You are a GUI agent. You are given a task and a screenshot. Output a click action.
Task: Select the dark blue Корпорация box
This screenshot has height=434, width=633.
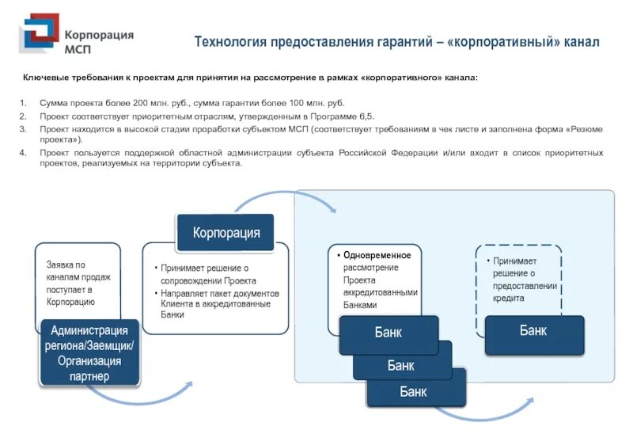click(x=226, y=233)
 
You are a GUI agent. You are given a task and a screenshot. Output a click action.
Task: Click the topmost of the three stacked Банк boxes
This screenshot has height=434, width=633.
click(x=388, y=333)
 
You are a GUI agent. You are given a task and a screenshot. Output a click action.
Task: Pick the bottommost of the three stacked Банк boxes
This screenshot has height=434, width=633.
click(x=412, y=391)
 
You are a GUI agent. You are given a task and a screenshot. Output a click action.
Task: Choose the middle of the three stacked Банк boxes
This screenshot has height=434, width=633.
click(x=400, y=365)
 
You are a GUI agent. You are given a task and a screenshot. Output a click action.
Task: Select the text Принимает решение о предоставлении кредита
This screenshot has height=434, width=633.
click(x=524, y=280)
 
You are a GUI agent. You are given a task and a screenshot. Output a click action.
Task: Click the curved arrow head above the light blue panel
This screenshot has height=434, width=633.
click(x=332, y=207)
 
